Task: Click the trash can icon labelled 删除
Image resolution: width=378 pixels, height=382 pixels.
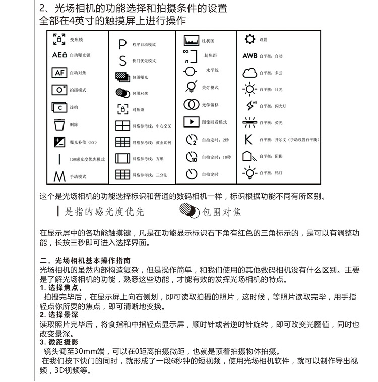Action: [59, 124]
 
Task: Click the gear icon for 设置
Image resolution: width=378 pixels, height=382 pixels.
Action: [249, 39]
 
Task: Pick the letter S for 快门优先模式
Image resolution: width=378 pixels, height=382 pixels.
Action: [122, 61]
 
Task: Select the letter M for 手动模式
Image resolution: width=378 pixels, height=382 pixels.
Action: [59, 176]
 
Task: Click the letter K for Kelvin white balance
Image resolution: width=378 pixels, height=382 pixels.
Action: [248, 140]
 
